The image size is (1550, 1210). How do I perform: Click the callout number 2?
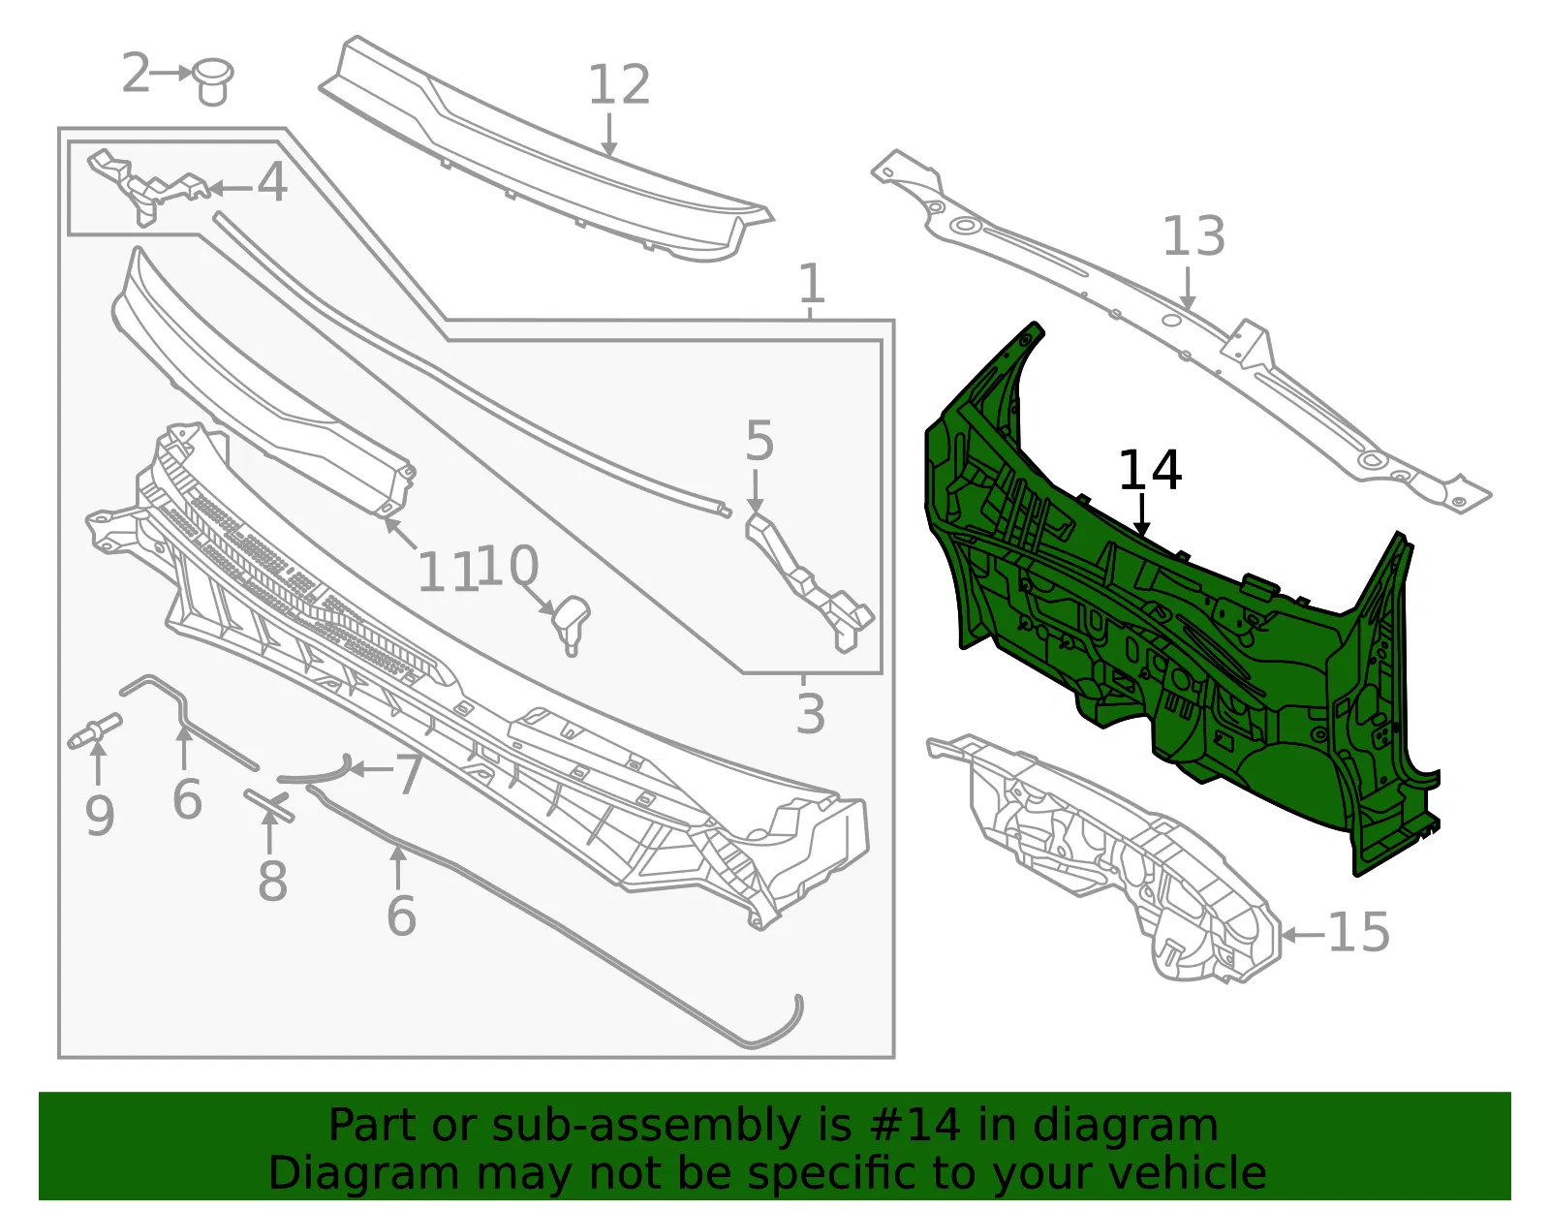coord(136,73)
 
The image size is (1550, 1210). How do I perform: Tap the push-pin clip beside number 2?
coord(212,81)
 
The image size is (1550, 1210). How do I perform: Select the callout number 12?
coord(619,85)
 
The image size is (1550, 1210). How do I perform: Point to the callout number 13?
coord(1194,236)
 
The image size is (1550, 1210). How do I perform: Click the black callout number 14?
coord(1150,470)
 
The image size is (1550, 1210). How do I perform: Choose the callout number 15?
coord(1359,932)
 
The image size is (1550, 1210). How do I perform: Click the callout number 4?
coord(272,182)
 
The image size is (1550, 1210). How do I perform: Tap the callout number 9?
coord(99,817)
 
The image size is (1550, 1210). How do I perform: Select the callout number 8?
coord(272,881)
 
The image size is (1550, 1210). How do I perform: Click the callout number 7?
coord(410,774)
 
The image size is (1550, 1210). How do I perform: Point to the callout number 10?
coord(508,566)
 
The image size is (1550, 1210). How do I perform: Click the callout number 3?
coord(811,713)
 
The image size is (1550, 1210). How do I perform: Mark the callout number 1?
coord(812,283)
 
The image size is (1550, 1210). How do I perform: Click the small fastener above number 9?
coord(95,730)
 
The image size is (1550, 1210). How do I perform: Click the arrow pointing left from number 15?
coord(1303,933)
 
